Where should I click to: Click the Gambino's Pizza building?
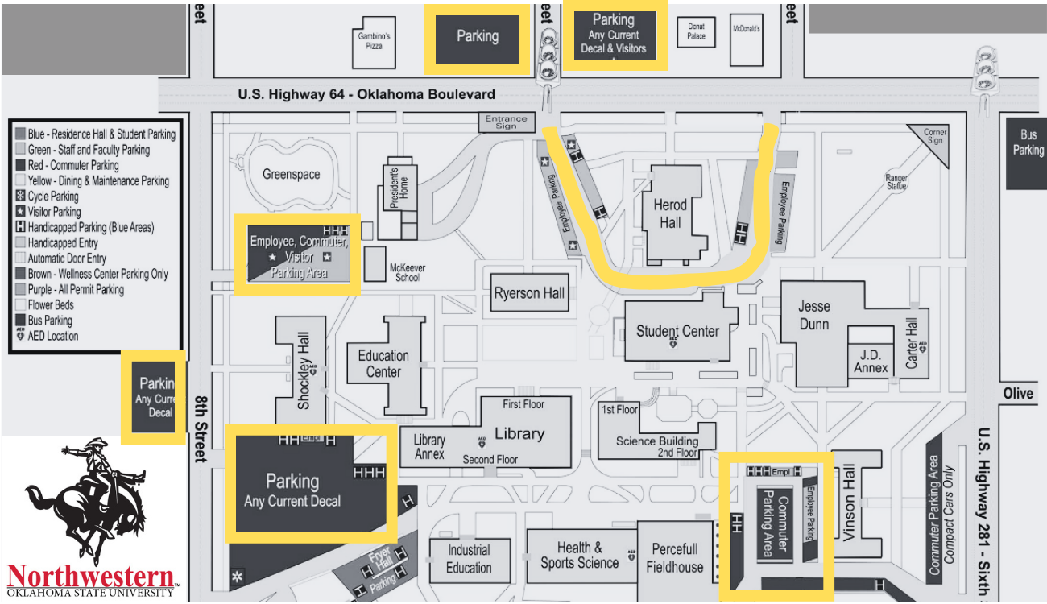click(374, 42)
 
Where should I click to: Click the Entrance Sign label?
click(506, 122)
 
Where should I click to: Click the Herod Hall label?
click(670, 213)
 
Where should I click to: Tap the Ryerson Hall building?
click(529, 293)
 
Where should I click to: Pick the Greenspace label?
click(292, 174)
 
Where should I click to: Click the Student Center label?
click(677, 330)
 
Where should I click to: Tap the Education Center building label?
click(383, 363)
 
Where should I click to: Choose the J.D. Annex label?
click(870, 361)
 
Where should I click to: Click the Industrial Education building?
click(469, 559)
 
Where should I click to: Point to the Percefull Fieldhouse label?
click(675, 558)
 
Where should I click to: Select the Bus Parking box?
click(1028, 143)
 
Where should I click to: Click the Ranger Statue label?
click(896, 182)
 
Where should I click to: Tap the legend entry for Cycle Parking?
click(53, 197)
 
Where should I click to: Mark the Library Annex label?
click(429, 447)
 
